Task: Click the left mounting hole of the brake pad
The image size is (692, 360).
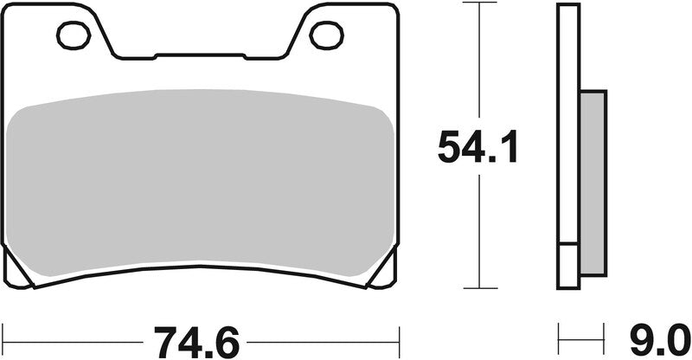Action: [x=74, y=35]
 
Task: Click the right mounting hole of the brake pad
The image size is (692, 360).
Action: [x=326, y=35]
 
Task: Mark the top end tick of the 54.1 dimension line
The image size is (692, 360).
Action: [x=478, y=4]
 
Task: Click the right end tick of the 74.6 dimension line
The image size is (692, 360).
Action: [x=399, y=333]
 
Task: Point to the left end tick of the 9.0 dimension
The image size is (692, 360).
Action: [x=560, y=333]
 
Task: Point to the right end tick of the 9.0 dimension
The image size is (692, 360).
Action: [x=603, y=333]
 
